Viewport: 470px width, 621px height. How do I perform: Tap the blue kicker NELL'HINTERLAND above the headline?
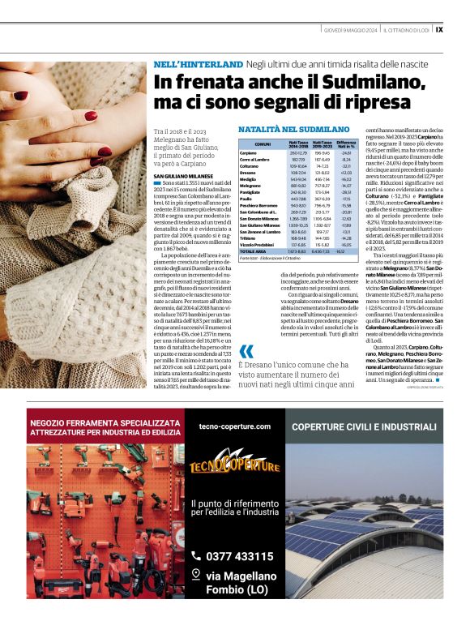point(199,64)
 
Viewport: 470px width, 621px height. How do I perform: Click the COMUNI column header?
point(263,143)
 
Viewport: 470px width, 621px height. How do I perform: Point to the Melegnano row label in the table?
point(251,186)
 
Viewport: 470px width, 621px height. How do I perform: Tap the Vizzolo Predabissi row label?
point(258,244)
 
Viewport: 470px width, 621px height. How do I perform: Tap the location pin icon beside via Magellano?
point(195,574)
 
